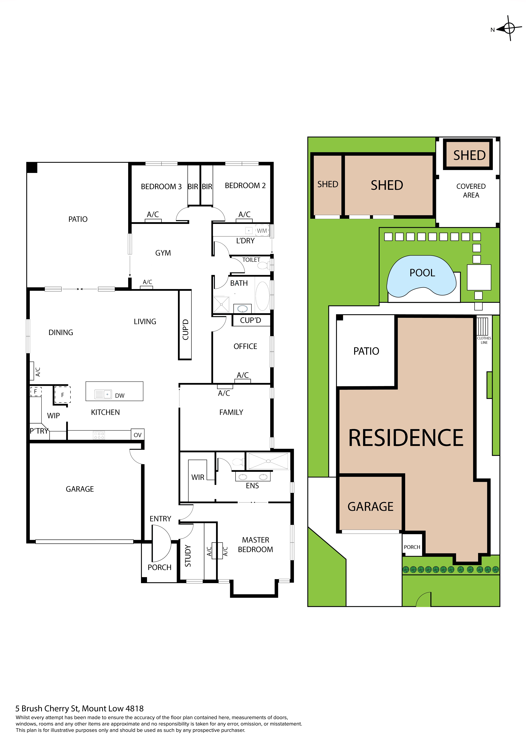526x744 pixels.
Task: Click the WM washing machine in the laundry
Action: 262,231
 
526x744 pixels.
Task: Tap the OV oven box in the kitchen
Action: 138,435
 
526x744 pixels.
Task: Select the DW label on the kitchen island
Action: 119,395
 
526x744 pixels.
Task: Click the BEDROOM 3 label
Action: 161,187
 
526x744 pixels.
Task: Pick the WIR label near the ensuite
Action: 198,477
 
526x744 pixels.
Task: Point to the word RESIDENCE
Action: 406,438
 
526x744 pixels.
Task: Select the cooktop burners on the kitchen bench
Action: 99,435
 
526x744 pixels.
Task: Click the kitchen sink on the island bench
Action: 103,394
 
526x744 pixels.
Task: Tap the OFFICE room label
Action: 245,346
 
